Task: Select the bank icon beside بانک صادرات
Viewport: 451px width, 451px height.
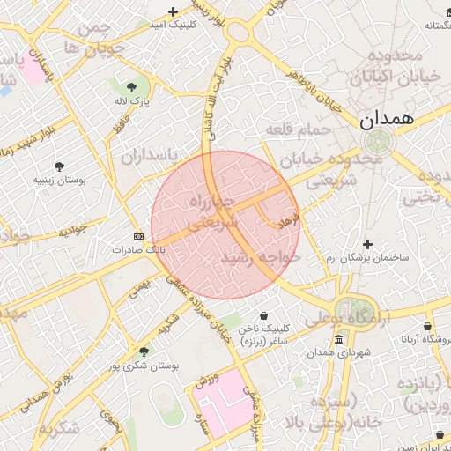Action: tap(138, 236)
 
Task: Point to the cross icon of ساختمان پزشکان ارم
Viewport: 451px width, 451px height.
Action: tap(368, 244)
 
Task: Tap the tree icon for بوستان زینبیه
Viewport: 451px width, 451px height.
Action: tap(59, 166)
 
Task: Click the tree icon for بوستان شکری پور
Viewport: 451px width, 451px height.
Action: tap(144, 351)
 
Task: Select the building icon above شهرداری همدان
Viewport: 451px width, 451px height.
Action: tap(338, 340)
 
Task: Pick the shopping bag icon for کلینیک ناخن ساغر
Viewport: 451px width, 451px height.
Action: tap(264, 315)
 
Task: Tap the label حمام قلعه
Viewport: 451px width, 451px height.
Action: tap(298, 129)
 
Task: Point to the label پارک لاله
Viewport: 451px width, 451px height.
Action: tap(132, 100)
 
